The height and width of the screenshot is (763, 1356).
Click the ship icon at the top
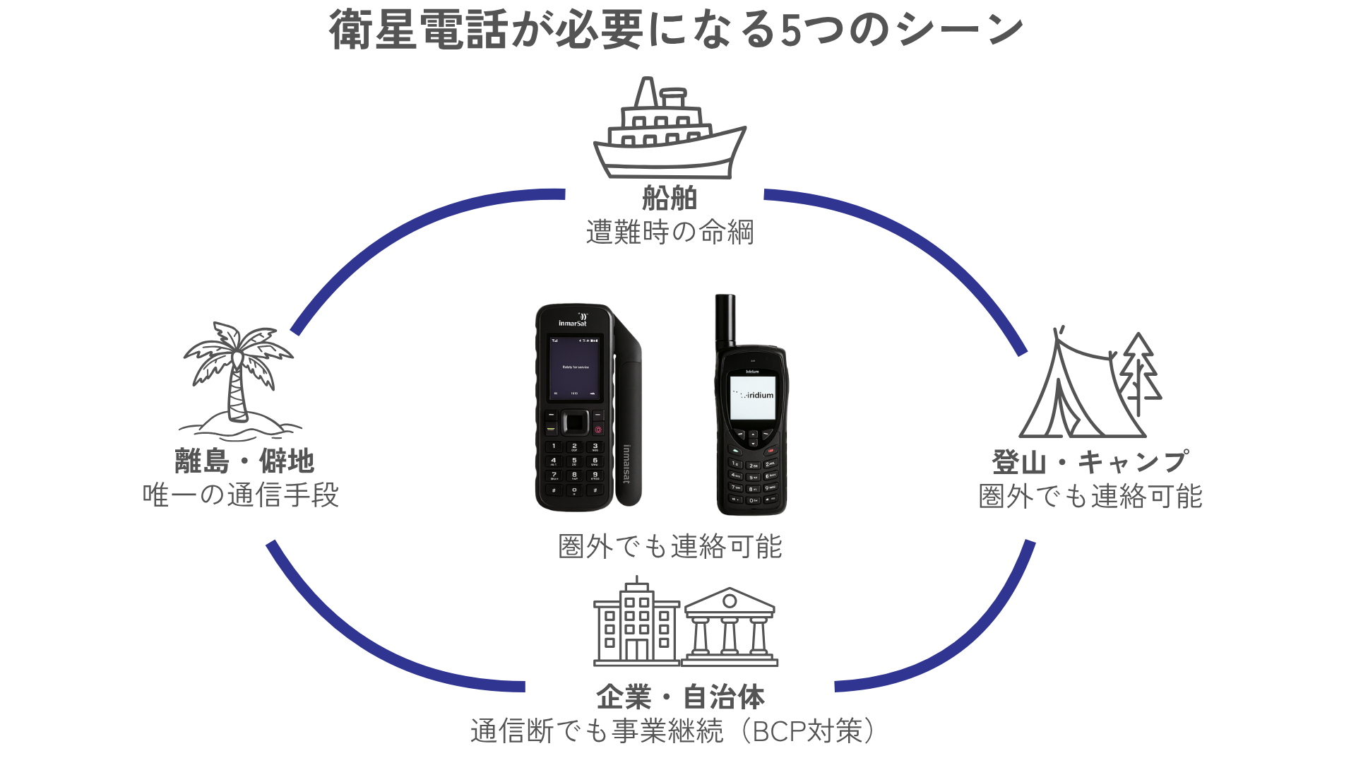point(670,131)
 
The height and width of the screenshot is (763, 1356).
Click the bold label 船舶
point(670,199)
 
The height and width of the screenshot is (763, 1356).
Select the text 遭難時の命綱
point(670,232)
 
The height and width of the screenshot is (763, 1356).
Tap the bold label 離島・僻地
point(244,461)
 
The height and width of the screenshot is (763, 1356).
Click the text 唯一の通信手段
point(241,495)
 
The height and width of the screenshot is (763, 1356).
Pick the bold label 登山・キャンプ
point(1090,463)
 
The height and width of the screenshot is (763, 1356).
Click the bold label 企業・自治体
point(680,697)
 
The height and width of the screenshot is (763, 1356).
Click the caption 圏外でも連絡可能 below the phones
point(670,547)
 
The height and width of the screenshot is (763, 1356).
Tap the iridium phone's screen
point(753,397)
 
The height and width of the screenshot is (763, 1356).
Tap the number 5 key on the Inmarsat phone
point(574,462)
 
